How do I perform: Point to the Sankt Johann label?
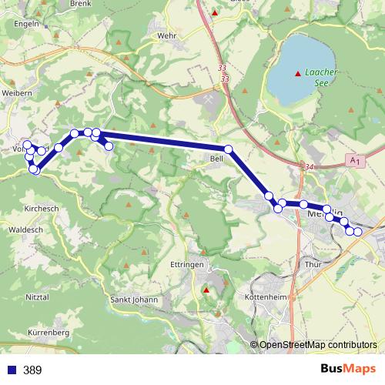tap(134, 300)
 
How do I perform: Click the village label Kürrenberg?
tap(49, 332)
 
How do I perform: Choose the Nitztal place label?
tap(37, 296)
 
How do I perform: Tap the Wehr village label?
tap(166, 35)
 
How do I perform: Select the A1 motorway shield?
tap(354, 160)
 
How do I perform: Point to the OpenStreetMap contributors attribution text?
tap(318, 346)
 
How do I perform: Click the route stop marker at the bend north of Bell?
tap(229, 149)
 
